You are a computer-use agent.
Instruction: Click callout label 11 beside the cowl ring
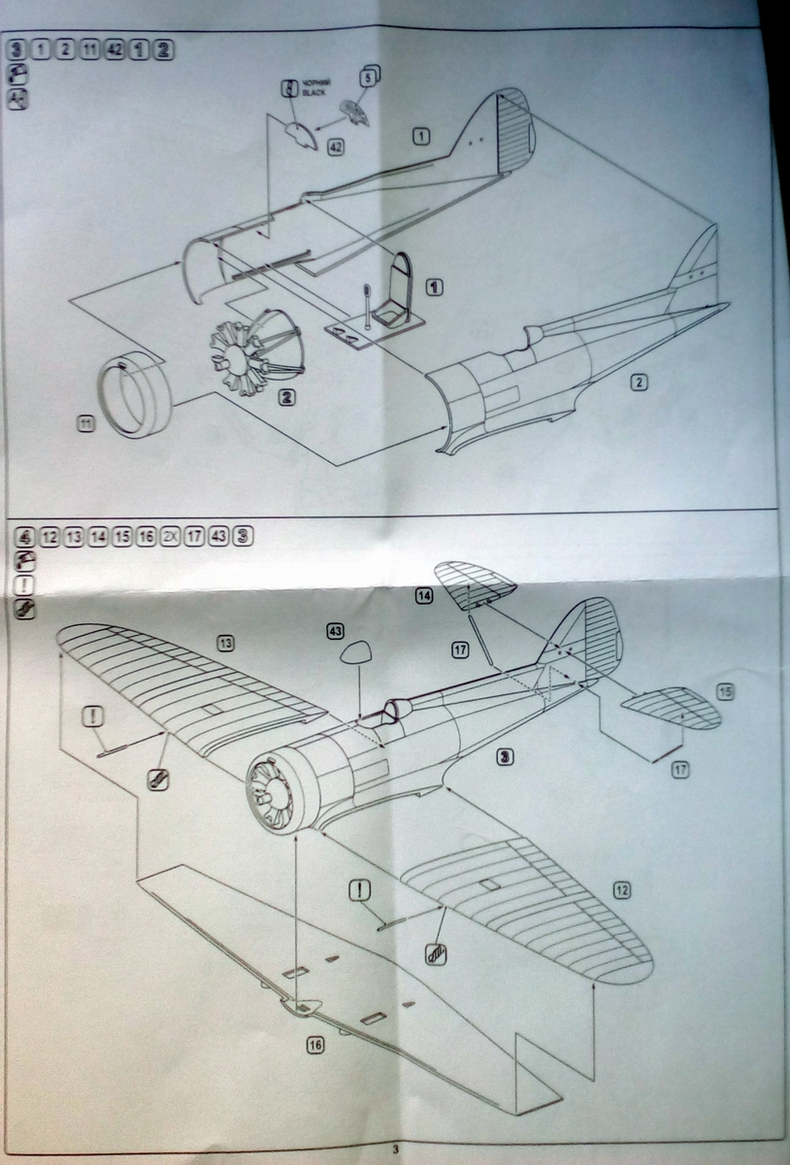coord(86,423)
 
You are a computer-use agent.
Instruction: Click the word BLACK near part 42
coord(317,95)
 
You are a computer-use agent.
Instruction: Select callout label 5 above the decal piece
coord(369,76)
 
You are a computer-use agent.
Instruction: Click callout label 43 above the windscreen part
coord(336,631)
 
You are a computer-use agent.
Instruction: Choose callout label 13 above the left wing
coord(225,643)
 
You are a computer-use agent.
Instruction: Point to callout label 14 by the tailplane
coord(424,597)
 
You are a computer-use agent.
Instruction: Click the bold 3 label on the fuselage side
coord(503,755)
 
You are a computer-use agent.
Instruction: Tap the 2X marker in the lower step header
coord(170,537)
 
